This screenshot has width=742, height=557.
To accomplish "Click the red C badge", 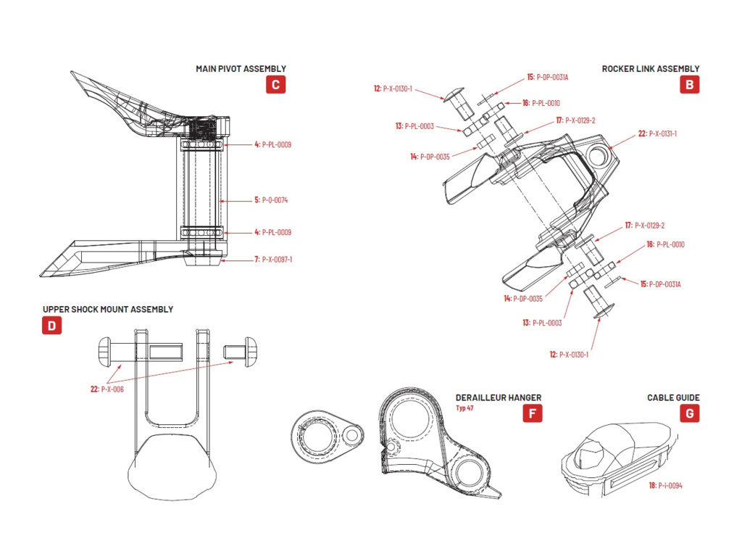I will tap(275, 84).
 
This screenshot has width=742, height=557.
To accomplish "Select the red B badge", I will tap(689, 84).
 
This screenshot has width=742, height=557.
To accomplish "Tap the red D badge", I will tap(51, 325).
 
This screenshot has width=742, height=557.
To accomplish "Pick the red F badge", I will tap(532, 413).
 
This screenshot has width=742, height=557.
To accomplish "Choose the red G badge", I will tap(690, 413).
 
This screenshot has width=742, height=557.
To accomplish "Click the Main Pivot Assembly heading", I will tap(241, 69).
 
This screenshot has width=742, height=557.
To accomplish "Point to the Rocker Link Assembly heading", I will tap(651, 69).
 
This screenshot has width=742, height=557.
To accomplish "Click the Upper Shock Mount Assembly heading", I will tap(108, 309).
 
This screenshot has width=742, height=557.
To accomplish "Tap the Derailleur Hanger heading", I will tap(499, 397).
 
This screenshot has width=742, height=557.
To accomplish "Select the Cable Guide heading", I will tap(673, 397).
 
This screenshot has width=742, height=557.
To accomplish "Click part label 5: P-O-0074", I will tap(271, 199).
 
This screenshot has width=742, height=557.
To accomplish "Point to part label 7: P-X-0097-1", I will tap(272, 259).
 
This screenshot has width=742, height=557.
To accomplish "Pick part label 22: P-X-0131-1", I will tap(657, 133).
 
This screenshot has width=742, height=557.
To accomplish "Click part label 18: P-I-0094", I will tap(665, 485).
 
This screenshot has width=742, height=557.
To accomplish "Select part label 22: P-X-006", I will tap(107, 389).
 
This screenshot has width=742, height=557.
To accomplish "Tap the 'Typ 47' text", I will tap(465, 408).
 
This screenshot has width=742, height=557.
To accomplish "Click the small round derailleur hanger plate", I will tap(323, 437).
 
